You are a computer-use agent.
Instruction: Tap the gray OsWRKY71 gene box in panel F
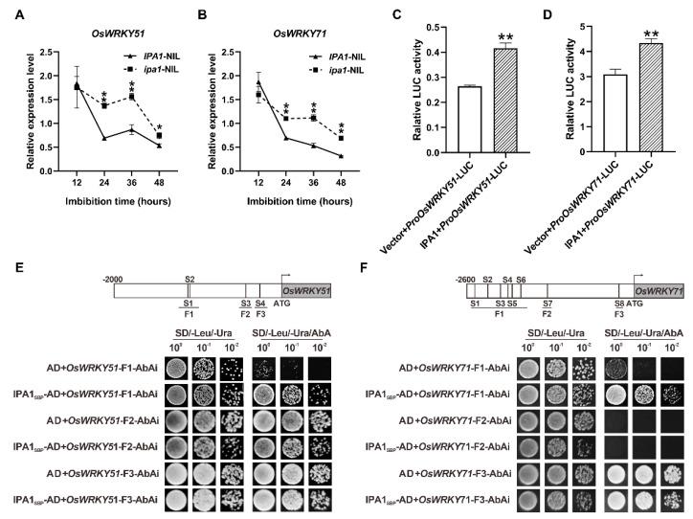coord(658,290)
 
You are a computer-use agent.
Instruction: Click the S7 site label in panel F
coord(547,303)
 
